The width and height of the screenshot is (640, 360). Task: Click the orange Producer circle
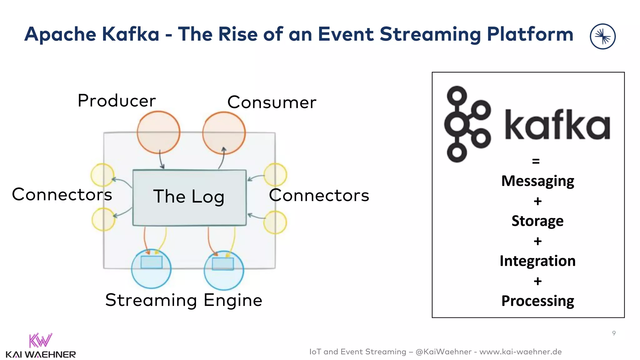[158, 132]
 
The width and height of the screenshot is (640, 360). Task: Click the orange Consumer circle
[224, 133]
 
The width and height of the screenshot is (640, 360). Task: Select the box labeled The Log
[189, 197]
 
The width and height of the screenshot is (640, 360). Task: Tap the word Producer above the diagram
[117, 101]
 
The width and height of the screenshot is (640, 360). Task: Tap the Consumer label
[272, 102]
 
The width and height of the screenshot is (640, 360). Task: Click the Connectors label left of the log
[62, 194]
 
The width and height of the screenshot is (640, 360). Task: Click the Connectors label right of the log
[319, 195]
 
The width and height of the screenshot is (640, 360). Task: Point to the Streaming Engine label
[184, 300]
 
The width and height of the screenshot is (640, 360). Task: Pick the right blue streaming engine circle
[224, 271]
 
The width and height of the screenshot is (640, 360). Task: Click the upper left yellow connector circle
[102, 175]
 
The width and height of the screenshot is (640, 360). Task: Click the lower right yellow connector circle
[275, 222]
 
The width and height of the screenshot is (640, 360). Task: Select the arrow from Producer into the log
[161, 159]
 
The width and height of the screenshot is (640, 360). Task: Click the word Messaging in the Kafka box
[537, 181]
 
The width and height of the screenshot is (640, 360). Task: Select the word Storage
[537, 221]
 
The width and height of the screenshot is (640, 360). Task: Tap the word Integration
[537, 261]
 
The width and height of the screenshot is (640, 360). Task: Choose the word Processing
[537, 301]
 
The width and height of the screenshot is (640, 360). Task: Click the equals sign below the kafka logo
[536, 161]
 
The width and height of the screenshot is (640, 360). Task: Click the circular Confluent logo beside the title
[602, 37]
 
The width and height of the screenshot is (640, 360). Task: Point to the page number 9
[614, 333]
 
